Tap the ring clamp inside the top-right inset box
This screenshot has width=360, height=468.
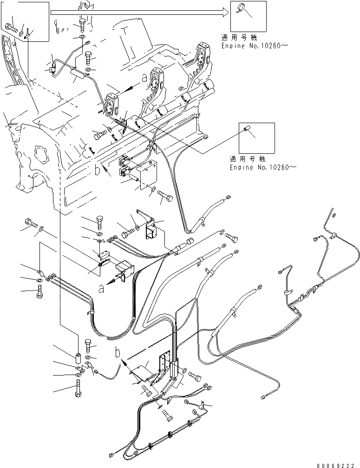242,7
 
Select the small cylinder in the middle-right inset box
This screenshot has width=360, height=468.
248,129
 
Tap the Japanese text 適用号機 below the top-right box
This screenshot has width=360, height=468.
239,38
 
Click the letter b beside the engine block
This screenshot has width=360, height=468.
97,171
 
